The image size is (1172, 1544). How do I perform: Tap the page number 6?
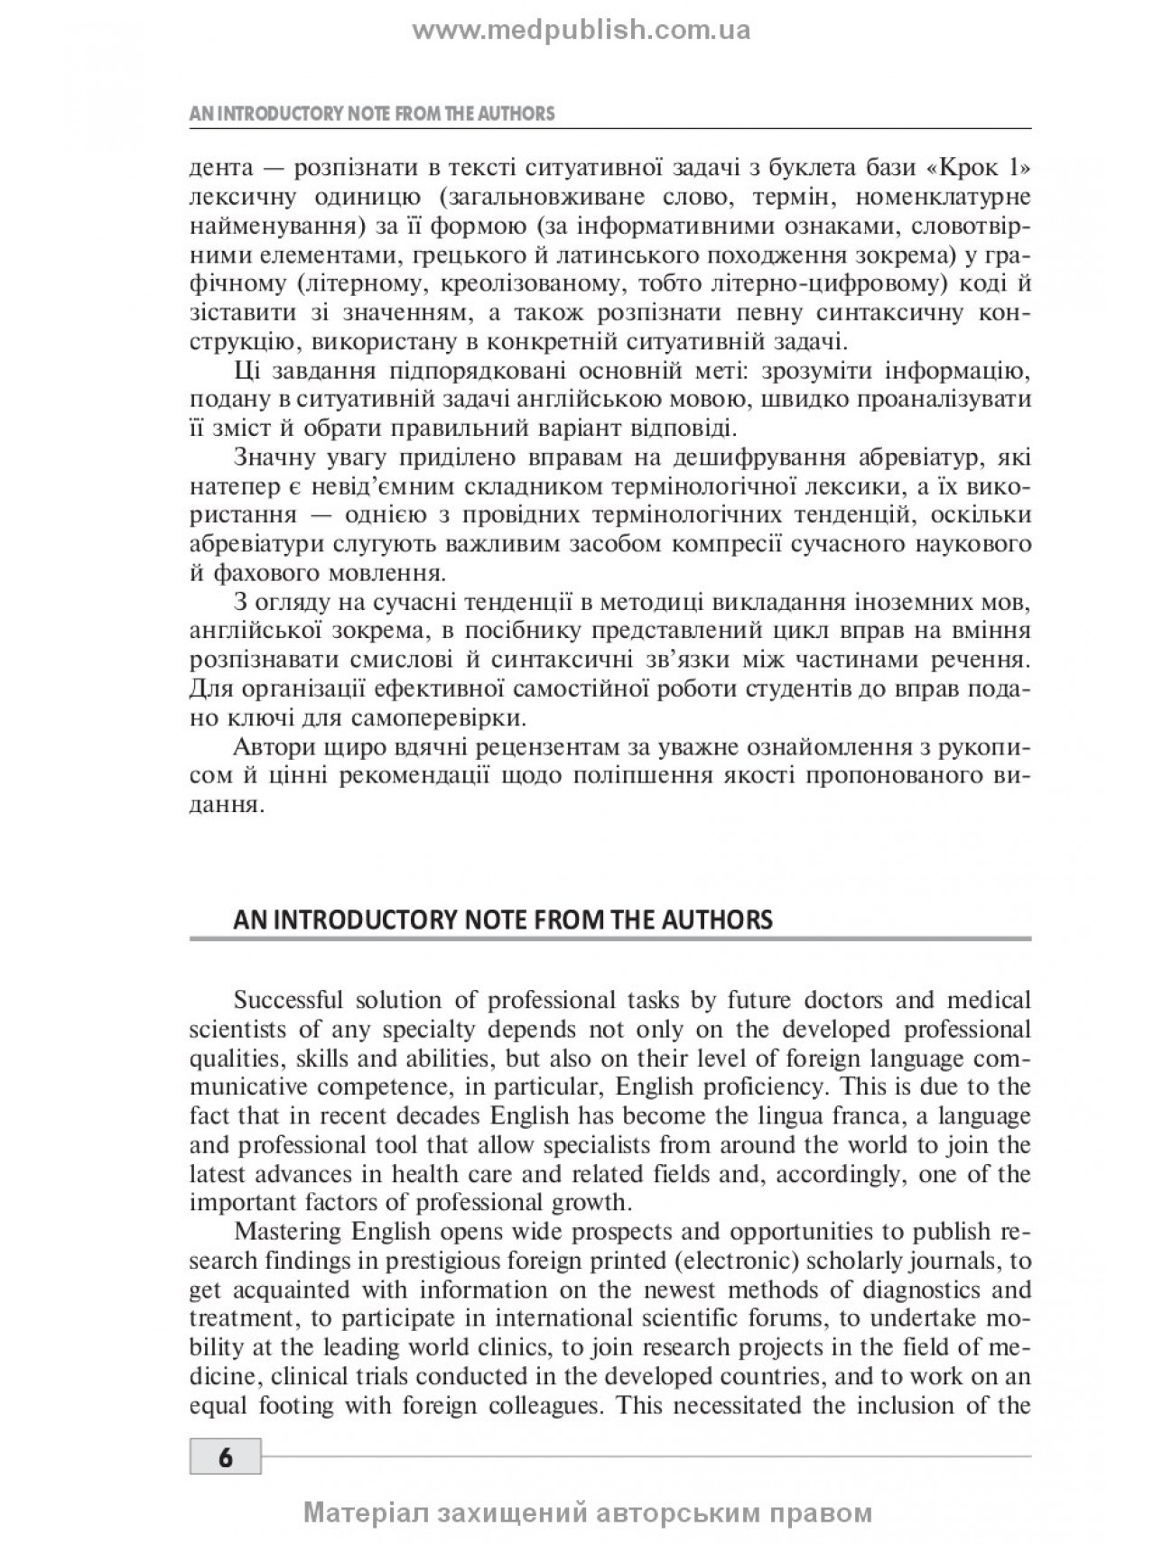click(225, 1457)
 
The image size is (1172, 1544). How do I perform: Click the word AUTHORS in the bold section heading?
click(712, 920)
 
